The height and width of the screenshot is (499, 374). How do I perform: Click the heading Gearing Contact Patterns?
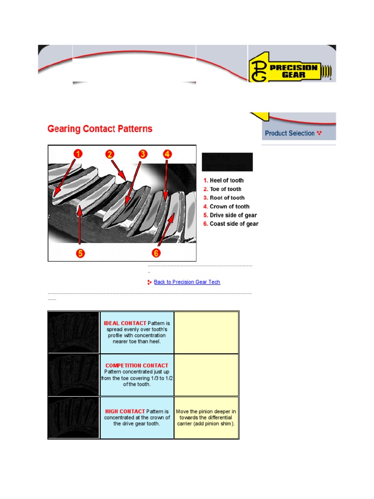point(100,129)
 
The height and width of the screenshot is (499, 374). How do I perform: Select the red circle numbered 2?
point(110,154)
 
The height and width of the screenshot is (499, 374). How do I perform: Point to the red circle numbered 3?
point(142,154)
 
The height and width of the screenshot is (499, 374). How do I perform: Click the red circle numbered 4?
point(168,154)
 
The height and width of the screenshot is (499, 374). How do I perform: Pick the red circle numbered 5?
point(80,253)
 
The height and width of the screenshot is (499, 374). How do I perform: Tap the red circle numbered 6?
point(156,253)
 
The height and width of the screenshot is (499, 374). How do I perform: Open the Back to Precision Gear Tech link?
point(187,282)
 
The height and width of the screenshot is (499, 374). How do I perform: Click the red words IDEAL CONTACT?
point(125,323)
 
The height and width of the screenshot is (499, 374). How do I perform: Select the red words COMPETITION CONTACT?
point(137,365)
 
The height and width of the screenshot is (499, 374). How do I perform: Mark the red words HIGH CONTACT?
point(125,411)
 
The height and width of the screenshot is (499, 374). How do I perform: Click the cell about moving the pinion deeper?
point(206,418)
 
